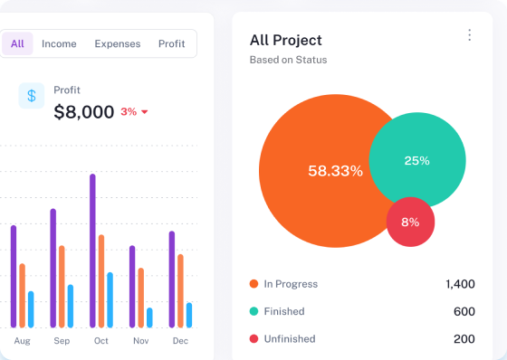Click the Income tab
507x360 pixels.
59,43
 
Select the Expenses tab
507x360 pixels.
118,43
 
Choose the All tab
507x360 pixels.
17,43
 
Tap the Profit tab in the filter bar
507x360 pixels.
171,43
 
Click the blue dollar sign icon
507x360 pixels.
32,96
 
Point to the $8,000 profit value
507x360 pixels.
83,112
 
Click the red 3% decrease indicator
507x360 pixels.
134,112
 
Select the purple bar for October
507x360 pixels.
92,251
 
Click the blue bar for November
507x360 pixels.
149,317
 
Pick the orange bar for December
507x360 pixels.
180,291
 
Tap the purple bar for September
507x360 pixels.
53,269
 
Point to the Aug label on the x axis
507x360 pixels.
22,341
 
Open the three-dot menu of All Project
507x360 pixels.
470,35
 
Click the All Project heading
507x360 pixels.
286,41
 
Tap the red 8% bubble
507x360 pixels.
410,222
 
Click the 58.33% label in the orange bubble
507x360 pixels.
335,171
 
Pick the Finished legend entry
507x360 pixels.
277,311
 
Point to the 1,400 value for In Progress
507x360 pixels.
460,284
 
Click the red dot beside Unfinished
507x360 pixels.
253,338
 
